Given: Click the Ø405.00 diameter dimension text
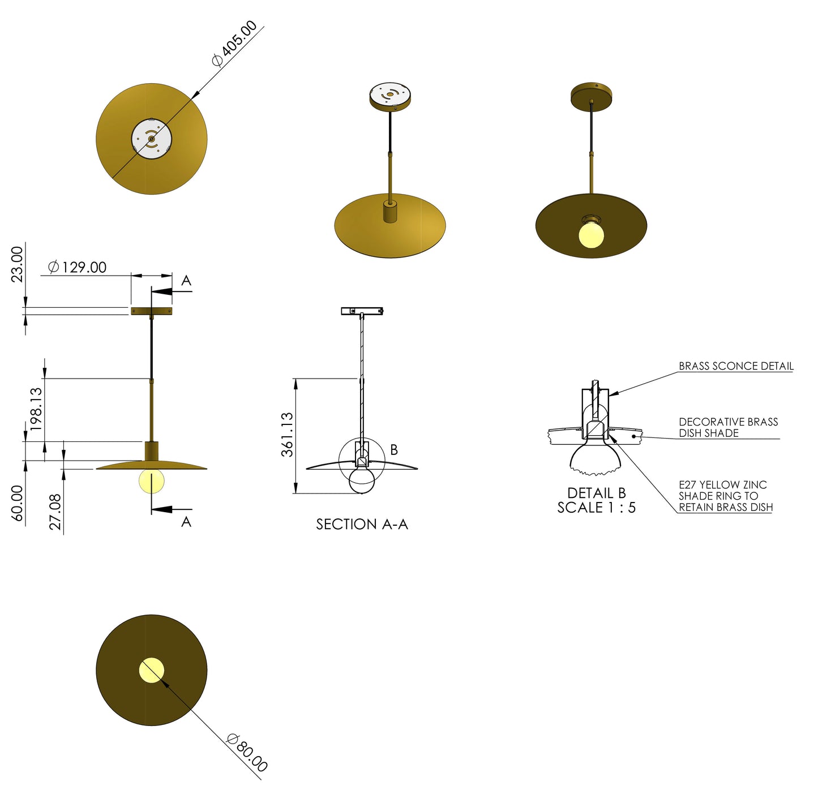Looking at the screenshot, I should tap(235, 44).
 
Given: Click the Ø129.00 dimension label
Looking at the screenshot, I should tap(78, 267).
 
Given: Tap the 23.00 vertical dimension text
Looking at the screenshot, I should tap(18, 264).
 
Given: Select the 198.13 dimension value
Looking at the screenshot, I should tap(36, 409).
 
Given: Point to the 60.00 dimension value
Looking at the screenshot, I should tap(18, 503).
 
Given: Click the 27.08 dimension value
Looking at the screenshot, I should tap(55, 512).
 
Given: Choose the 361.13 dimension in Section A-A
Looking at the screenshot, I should tap(288, 434).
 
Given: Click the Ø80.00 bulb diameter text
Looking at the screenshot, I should tap(247, 753).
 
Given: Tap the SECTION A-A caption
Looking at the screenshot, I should tap(362, 525).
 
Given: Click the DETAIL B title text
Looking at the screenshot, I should tap(596, 493).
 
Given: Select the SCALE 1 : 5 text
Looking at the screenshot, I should tap(596, 508).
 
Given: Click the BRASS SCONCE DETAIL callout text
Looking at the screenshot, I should tap(735, 366).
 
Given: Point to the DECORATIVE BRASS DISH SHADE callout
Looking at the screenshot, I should tap(728, 427).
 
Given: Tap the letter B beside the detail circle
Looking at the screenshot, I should tap(394, 450).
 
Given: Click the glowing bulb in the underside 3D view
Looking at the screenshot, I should tap(591, 234).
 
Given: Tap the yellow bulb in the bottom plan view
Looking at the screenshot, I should tap(151, 670).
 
